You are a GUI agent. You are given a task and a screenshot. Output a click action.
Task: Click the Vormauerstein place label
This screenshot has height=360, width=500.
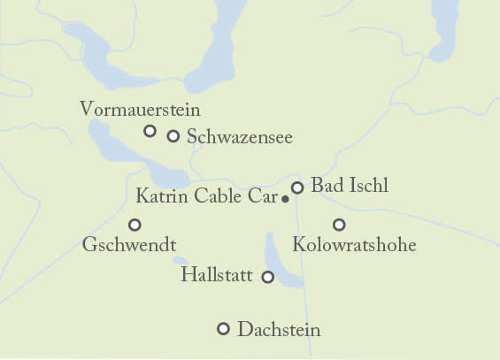[x=140, y=110]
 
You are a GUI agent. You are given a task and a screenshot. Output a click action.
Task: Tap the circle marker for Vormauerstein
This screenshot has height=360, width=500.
[x=150, y=131]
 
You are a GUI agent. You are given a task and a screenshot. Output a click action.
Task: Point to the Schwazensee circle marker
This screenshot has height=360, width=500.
[x=173, y=136]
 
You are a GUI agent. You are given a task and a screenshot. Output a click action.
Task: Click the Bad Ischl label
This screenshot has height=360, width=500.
[x=350, y=187]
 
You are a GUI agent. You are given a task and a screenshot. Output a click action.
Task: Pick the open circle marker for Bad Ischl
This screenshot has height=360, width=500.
[x=297, y=188]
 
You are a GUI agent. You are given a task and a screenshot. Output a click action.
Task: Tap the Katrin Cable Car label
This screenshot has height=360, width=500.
[x=207, y=195]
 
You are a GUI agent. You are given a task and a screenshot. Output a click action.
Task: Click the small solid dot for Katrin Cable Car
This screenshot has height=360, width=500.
[x=285, y=200]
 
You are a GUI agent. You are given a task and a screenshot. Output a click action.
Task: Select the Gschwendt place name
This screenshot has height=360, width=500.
[x=129, y=243]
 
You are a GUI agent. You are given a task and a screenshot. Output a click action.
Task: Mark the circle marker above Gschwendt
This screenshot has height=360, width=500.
[x=135, y=225]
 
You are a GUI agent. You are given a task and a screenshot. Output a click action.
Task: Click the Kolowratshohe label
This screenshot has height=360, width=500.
[x=354, y=243]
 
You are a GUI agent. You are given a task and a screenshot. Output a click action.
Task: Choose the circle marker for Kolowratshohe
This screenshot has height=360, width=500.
[x=338, y=225]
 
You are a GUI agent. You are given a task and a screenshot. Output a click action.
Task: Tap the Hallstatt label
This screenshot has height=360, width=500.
[x=218, y=275]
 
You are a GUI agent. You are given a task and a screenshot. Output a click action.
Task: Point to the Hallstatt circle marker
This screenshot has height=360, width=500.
[x=268, y=277]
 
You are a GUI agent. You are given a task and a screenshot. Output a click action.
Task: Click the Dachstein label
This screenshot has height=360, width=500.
[x=279, y=330]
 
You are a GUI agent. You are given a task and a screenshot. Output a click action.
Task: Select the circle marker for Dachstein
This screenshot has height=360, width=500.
[x=223, y=329]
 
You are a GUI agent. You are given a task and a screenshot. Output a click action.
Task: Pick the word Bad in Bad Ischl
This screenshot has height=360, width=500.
[x=326, y=187]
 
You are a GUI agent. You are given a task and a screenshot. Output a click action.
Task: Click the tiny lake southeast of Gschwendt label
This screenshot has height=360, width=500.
[x=181, y=261]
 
